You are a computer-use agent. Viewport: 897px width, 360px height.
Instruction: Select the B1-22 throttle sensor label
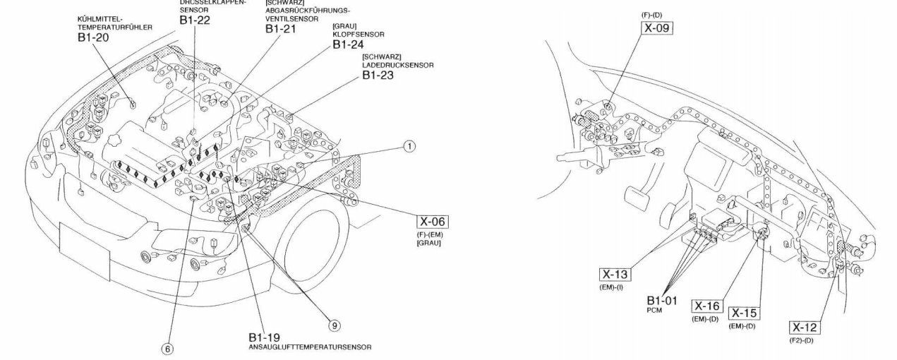coord(195,20)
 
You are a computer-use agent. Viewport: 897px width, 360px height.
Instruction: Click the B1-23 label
coord(380,75)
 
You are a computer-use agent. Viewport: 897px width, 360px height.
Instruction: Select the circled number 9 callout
coord(335,325)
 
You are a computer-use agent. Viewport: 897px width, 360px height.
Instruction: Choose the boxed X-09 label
coord(656,28)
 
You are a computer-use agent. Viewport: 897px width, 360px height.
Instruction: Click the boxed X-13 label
coord(615,274)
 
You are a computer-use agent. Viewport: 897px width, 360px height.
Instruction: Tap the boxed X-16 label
coord(706,306)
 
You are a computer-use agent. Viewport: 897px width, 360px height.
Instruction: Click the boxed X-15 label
coord(745,313)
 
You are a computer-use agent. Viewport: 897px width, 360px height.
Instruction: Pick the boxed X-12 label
coord(805,328)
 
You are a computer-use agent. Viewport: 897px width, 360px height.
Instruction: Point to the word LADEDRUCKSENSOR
coord(398,65)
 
